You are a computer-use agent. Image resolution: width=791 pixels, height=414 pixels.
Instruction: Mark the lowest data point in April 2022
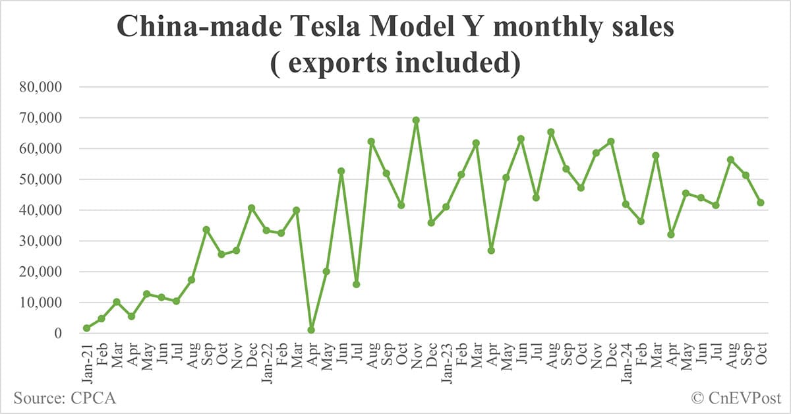click(311, 330)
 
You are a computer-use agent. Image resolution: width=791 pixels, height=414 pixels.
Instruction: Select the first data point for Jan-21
click(87, 328)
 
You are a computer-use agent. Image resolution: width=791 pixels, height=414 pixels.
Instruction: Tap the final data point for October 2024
click(761, 202)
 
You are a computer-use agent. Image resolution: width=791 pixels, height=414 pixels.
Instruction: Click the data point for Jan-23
click(446, 207)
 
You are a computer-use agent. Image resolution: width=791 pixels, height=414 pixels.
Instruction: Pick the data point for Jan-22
click(266, 230)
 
